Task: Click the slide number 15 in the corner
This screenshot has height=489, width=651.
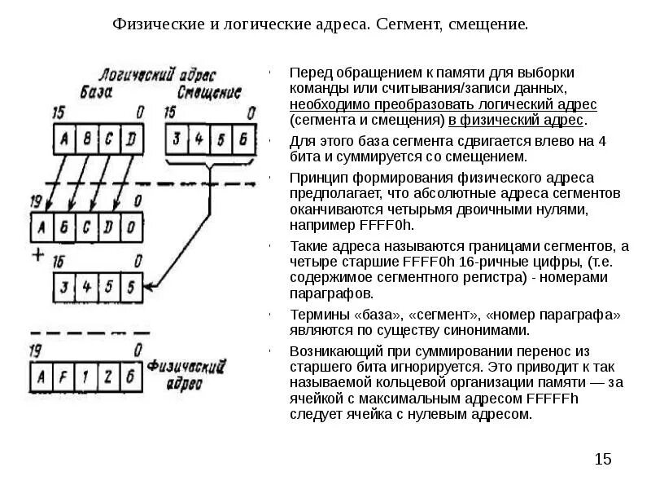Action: point(602,460)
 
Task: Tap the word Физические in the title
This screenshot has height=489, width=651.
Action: point(162,24)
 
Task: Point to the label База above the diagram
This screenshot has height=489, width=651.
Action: point(99,89)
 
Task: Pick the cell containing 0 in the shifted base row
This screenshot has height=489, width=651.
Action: point(133,225)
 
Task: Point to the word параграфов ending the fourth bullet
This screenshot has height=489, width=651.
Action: point(331,293)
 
